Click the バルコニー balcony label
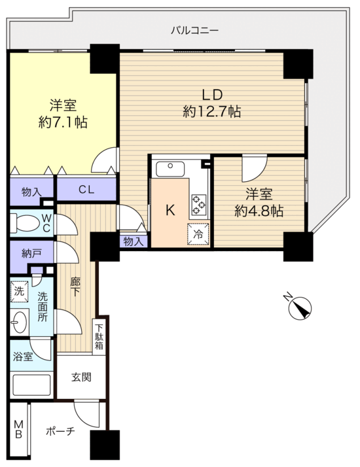click(195, 30)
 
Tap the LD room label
click(212, 95)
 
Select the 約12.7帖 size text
click(212, 112)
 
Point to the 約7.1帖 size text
click(63, 122)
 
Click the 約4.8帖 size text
click(259, 211)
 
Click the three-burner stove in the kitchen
click(199, 205)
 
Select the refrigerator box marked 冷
click(198, 233)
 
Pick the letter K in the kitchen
click(170, 211)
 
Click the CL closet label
click(86, 190)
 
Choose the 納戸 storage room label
click(31, 254)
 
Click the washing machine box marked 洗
click(20, 291)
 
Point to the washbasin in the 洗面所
click(20, 322)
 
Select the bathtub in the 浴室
click(30, 385)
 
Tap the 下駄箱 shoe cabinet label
click(99, 337)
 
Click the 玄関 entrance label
click(81, 377)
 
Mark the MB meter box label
click(18, 429)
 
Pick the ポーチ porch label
click(60, 431)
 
